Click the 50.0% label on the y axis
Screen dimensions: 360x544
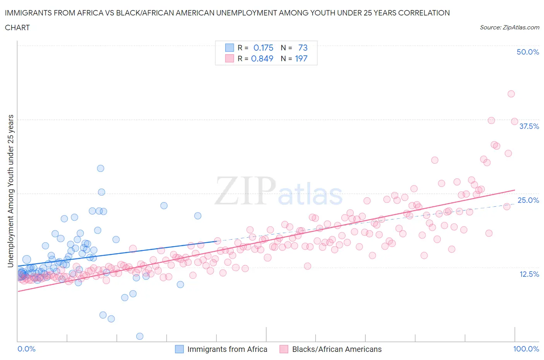click(x=528, y=52)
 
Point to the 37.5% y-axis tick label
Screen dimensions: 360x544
click(x=529, y=126)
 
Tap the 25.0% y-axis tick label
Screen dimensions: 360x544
click(x=528, y=200)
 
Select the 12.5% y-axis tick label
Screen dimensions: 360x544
click(x=529, y=274)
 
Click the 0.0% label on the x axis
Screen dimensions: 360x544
click(x=26, y=349)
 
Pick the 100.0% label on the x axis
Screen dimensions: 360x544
click(x=526, y=349)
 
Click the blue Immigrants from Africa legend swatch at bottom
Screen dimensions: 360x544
click(x=180, y=349)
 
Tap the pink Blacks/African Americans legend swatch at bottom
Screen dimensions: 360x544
click(x=284, y=349)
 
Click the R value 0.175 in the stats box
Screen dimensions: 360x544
click(x=263, y=48)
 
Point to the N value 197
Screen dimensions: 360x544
click(x=301, y=58)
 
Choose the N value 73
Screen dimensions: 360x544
click(x=303, y=48)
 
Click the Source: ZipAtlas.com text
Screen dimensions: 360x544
click(x=509, y=27)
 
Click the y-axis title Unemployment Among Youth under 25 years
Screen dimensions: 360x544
click(x=10, y=191)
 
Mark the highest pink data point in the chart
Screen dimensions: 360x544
click(x=511, y=94)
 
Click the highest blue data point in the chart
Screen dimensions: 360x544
click(x=101, y=168)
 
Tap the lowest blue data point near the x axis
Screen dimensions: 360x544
click(x=140, y=336)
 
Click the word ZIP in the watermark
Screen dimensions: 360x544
click(x=245, y=190)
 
